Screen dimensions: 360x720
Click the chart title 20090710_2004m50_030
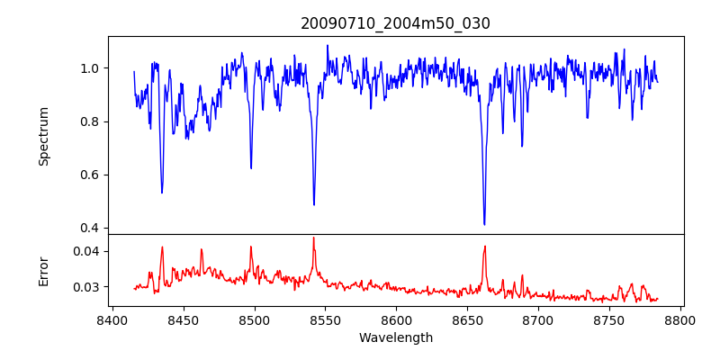click(395, 23)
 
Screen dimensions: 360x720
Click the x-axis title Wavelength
click(395, 338)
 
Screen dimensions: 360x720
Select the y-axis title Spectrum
click(44, 136)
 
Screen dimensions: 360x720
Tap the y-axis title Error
click(44, 270)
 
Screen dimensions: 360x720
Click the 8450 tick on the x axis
click(183, 319)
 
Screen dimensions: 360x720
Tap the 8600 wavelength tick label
click(396, 319)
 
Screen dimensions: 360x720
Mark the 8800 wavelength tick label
click(680, 319)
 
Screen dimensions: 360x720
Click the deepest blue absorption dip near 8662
click(484, 224)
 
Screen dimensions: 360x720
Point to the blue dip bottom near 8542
click(314, 204)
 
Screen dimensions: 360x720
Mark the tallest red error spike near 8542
click(313, 238)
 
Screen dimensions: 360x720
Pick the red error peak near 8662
click(484, 246)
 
